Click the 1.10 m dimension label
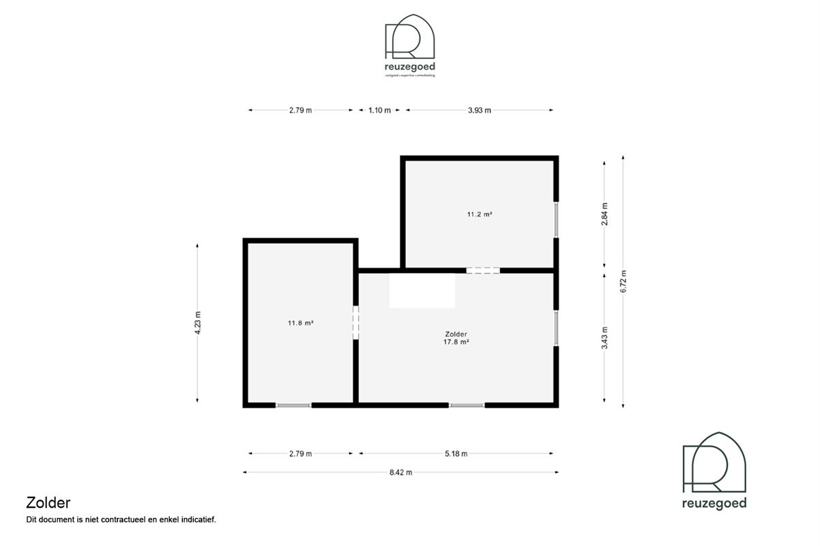point(379,110)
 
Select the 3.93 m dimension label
point(479,110)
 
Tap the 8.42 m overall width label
point(400,472)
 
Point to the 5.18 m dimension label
point(456,454)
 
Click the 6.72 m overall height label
point(623,281)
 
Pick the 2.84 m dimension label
point(604,214)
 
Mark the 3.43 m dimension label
point(604,338)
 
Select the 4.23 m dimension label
point(198,323)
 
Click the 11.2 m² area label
point(480,214)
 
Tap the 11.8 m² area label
point(300,323)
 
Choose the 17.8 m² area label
point(456,343)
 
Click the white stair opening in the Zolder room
point(422,290)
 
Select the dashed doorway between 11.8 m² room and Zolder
point(355,322)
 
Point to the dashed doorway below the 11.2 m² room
point(483,270)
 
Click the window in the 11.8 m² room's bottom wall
point(293,405)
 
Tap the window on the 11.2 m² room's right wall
point(557,220)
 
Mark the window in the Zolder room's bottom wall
point(467,405)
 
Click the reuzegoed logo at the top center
point(410,45)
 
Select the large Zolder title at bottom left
point(48,503)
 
